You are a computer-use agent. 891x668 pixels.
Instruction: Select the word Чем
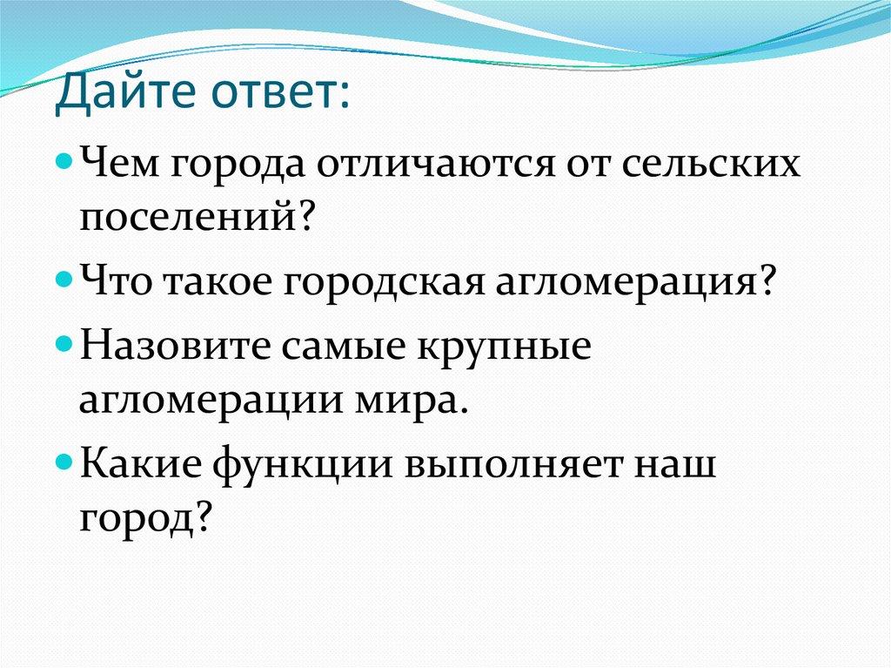[x=117, y=163]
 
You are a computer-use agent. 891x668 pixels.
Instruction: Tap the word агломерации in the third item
[x=211, y=403]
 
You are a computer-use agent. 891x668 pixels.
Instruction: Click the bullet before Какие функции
[x=64, y=462]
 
